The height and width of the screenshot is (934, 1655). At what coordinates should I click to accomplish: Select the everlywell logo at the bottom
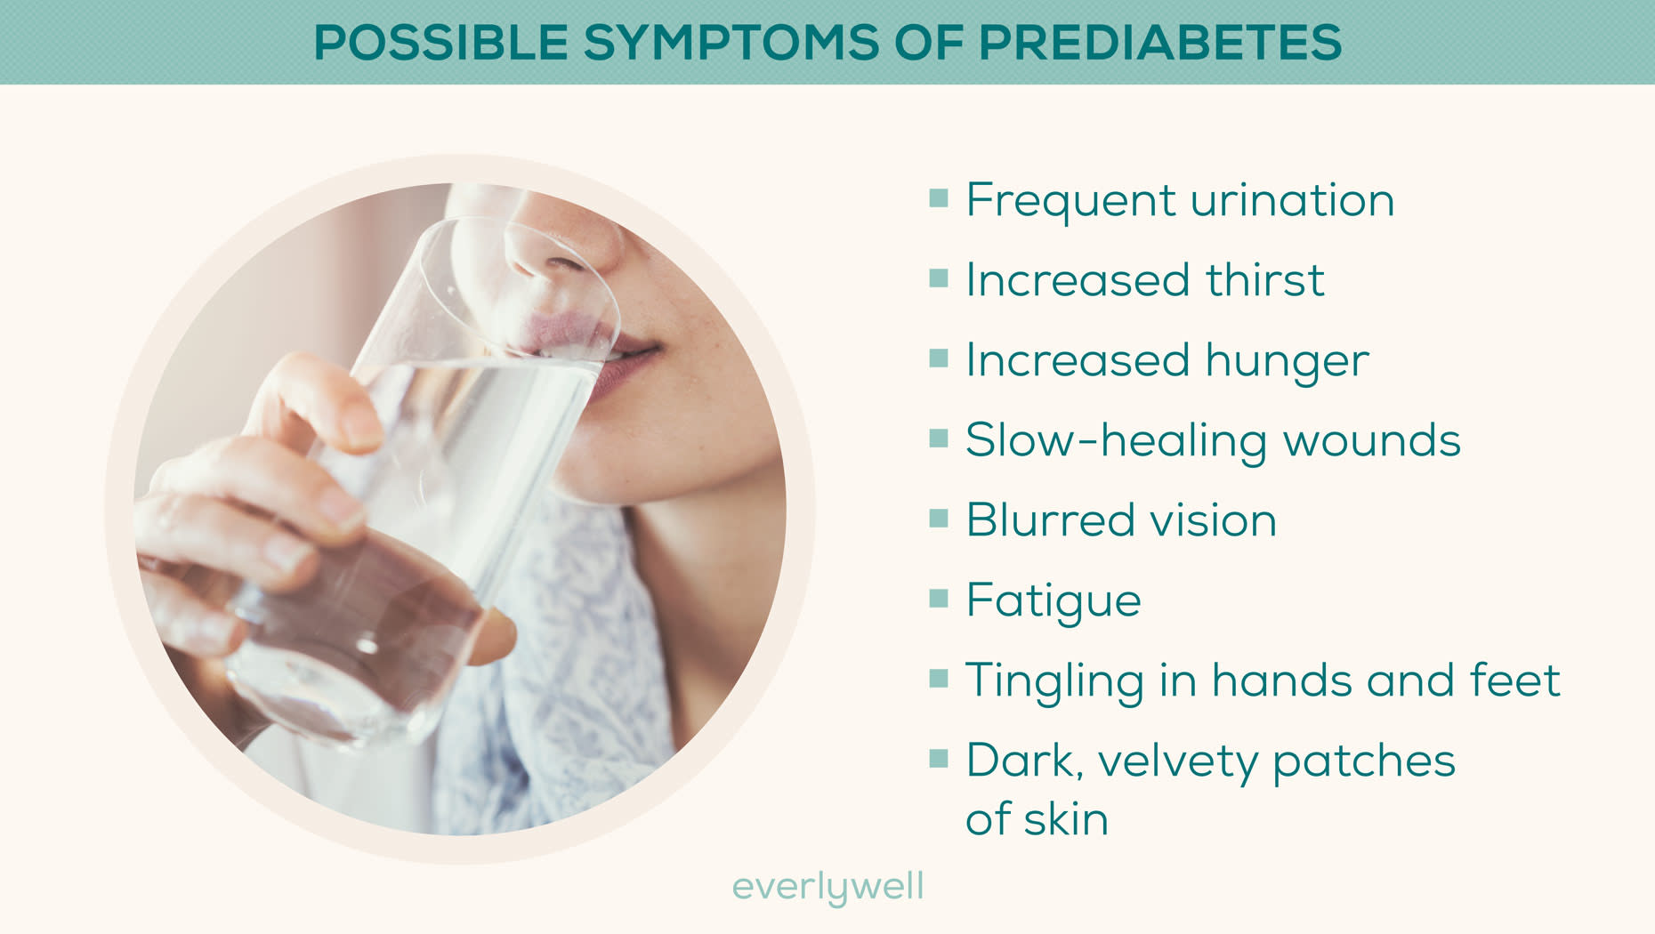coord(827,887)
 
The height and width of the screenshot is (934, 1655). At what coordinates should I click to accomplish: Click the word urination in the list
coord(1292,200)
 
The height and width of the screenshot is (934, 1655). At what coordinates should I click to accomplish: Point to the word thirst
coord(1264,280)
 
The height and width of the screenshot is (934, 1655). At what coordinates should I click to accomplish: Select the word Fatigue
coord(1054,601)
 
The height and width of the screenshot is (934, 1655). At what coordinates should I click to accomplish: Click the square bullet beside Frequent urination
coord(939,197)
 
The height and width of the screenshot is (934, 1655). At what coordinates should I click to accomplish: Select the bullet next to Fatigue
coord(939,598)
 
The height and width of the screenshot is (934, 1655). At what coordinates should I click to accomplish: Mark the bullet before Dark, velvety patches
coord(939,758)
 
